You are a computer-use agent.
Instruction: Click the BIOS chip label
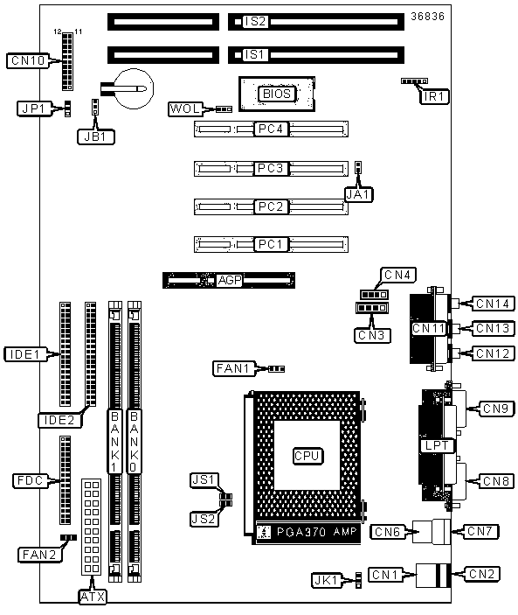(277, 94)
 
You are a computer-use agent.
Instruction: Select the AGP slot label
(230, 280)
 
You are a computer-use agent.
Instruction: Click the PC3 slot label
(270, 168)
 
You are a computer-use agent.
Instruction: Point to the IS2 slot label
(255, 22)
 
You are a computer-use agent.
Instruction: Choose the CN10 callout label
(28, 60)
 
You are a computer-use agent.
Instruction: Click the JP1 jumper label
(34, 108)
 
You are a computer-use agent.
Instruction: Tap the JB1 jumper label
(96, 136)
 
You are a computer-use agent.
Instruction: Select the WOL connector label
(185, 108)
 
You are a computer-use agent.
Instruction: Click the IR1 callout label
(434, 96)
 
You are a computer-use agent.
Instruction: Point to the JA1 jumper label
(359, 194)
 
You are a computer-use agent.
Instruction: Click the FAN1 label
(234, 368)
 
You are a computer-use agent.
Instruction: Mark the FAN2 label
(40, 555)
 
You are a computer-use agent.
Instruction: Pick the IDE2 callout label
(60, 421)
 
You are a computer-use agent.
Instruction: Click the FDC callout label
(31, 480)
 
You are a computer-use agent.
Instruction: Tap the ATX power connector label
(93, 597)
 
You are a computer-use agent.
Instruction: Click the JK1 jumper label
(327, 580)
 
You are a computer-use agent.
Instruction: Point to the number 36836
(427, 17)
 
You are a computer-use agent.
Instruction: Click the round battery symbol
(135, 88)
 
